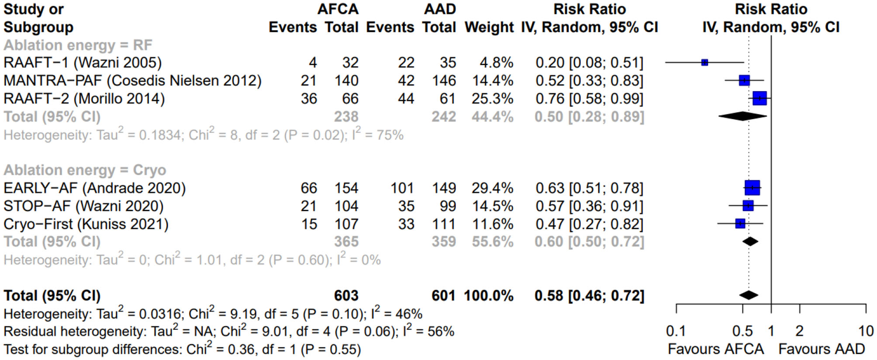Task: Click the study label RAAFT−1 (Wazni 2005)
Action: click(83, 63)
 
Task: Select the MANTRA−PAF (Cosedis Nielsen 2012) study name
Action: click(132, 81)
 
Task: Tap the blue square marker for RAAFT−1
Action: click(704, 63)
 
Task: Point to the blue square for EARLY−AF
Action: click(752, 188)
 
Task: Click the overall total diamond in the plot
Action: click(749, 295)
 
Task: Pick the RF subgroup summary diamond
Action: click(742, 116)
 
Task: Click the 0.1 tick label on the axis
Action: click(676, 331)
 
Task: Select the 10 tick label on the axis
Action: click(866, 331)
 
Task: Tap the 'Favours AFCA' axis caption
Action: click(716, 349)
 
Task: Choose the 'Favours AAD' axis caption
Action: click(821, 349)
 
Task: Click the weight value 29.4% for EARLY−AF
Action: click(492, 188)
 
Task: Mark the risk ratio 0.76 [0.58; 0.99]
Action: click(589, 99)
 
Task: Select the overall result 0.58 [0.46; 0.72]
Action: click(589, 296)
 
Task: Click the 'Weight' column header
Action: click(489, 27)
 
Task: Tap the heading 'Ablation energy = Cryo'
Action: click(85, 170)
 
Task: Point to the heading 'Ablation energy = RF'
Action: click(78, 45)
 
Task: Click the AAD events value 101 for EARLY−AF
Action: click(402, 188)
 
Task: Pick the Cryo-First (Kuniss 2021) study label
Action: click(86, 224)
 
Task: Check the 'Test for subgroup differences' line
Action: click(182, 350)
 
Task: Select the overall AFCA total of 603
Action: click(346, 296)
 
